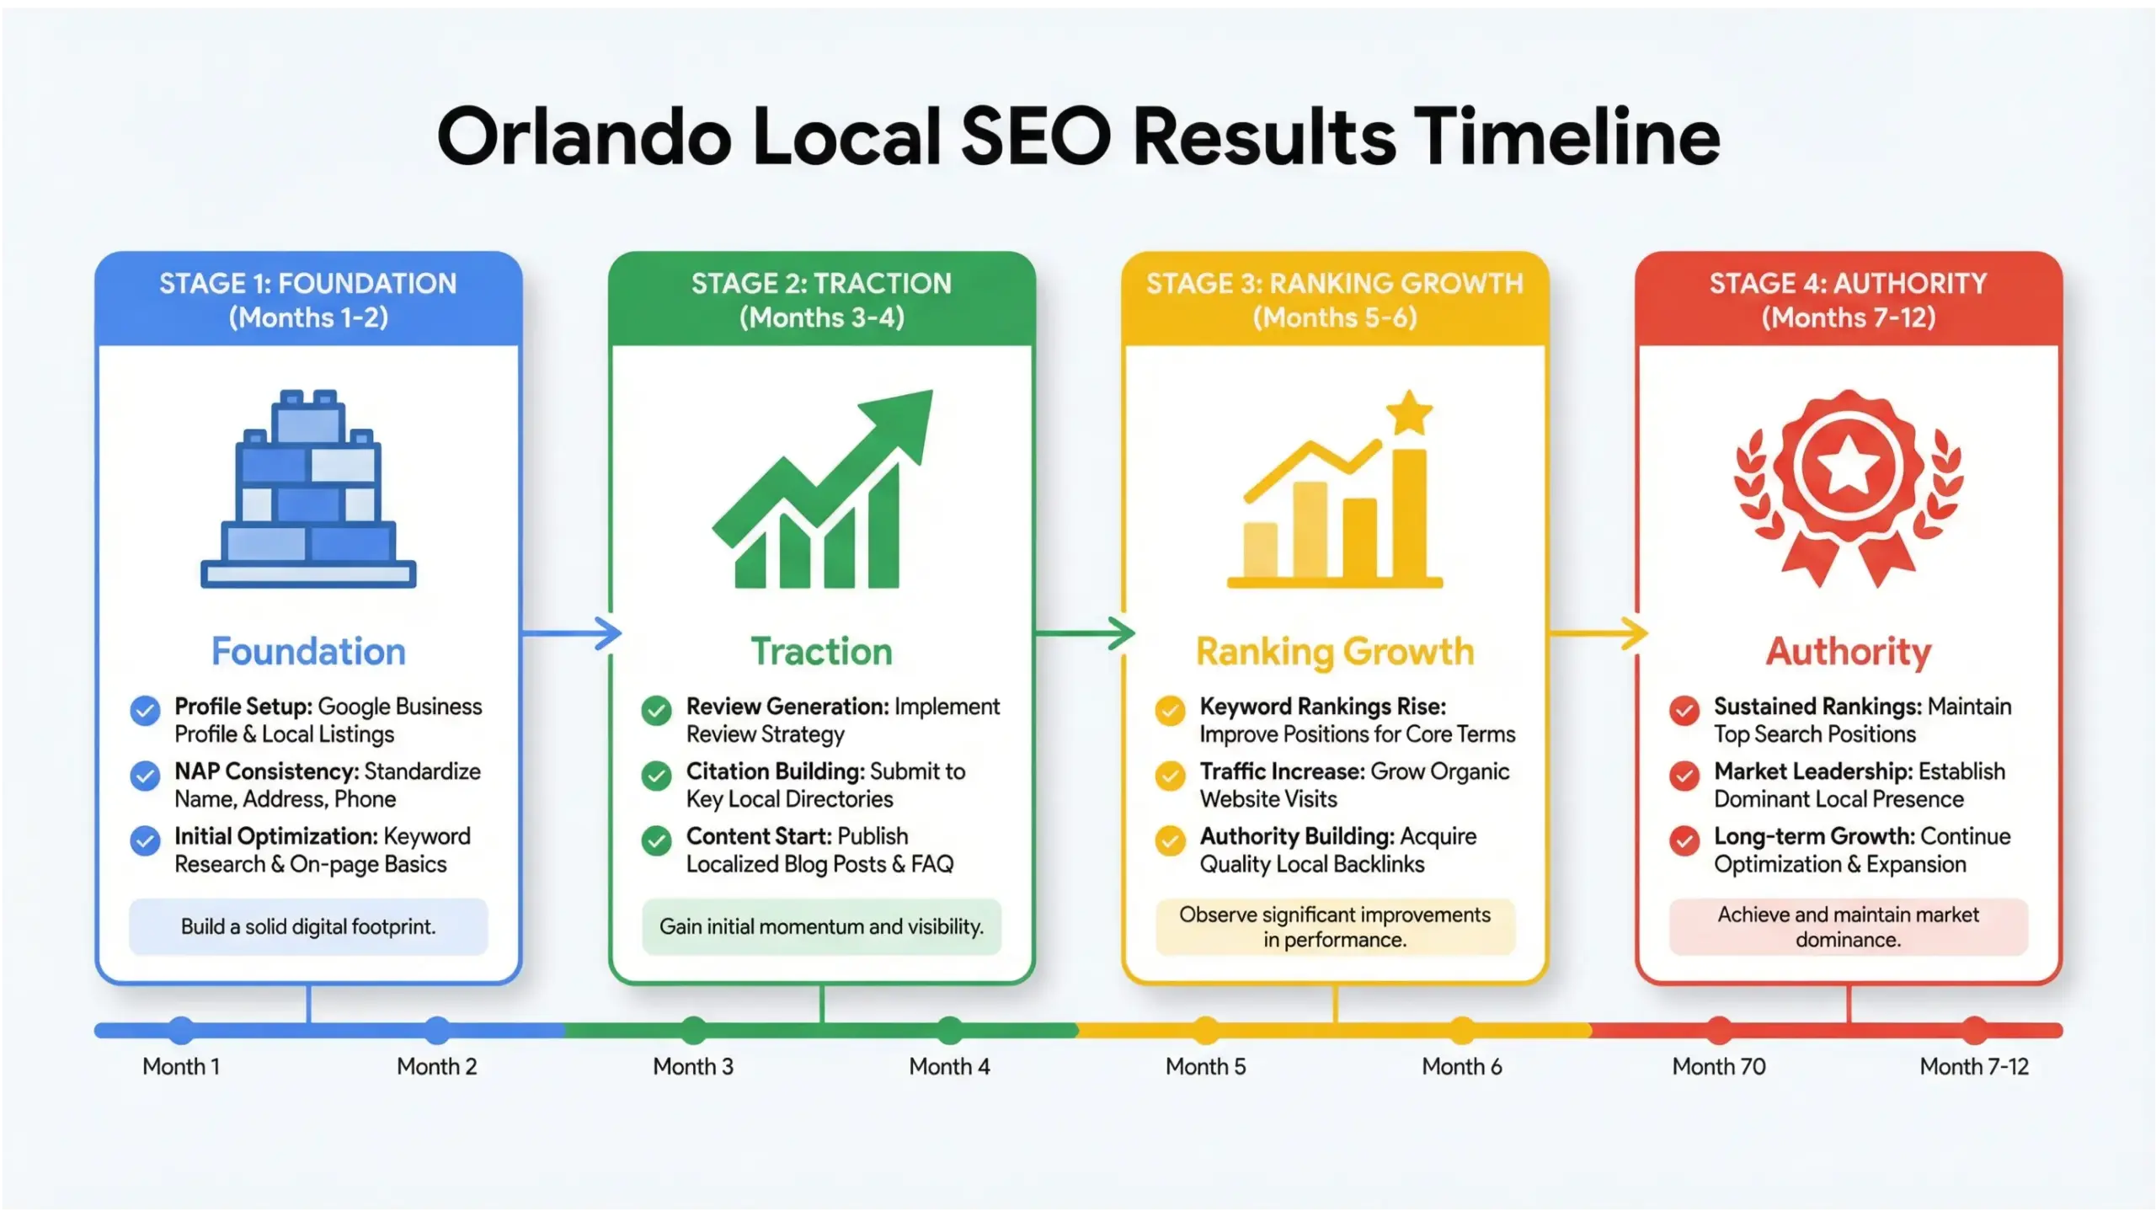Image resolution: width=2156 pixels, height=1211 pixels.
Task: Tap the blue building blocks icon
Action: (308, 489)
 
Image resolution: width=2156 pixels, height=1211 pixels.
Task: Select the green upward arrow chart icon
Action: (822, 489)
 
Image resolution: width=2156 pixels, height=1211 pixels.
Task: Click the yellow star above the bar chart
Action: (1409, 413)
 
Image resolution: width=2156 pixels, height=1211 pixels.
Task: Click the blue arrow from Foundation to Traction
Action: (571, 633)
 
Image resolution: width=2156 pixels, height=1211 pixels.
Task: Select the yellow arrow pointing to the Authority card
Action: (1598, 633)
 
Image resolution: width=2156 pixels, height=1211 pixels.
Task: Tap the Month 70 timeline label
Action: (1718, 1066)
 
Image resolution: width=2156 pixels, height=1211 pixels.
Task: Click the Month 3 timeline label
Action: (693, 1066)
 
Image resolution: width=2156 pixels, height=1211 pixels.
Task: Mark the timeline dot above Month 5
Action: (1206, 1030)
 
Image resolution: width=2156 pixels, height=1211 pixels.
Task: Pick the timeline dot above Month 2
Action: (437, 1030)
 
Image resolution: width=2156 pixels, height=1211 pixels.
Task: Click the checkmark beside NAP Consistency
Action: (145, 776)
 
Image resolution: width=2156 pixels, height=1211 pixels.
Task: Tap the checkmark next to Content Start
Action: (656, 840)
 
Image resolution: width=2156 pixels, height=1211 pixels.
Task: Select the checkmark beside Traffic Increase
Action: (1170, 776)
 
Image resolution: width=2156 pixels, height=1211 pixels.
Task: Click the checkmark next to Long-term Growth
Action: (1684, 840)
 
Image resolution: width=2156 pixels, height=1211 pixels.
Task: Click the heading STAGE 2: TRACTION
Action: (821, 284)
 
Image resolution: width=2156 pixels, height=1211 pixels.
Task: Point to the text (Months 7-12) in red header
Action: (1848, 317)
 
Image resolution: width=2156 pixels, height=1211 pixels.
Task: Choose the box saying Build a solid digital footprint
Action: (308, 926)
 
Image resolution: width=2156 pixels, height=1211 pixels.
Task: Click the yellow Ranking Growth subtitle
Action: (1335, 652)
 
